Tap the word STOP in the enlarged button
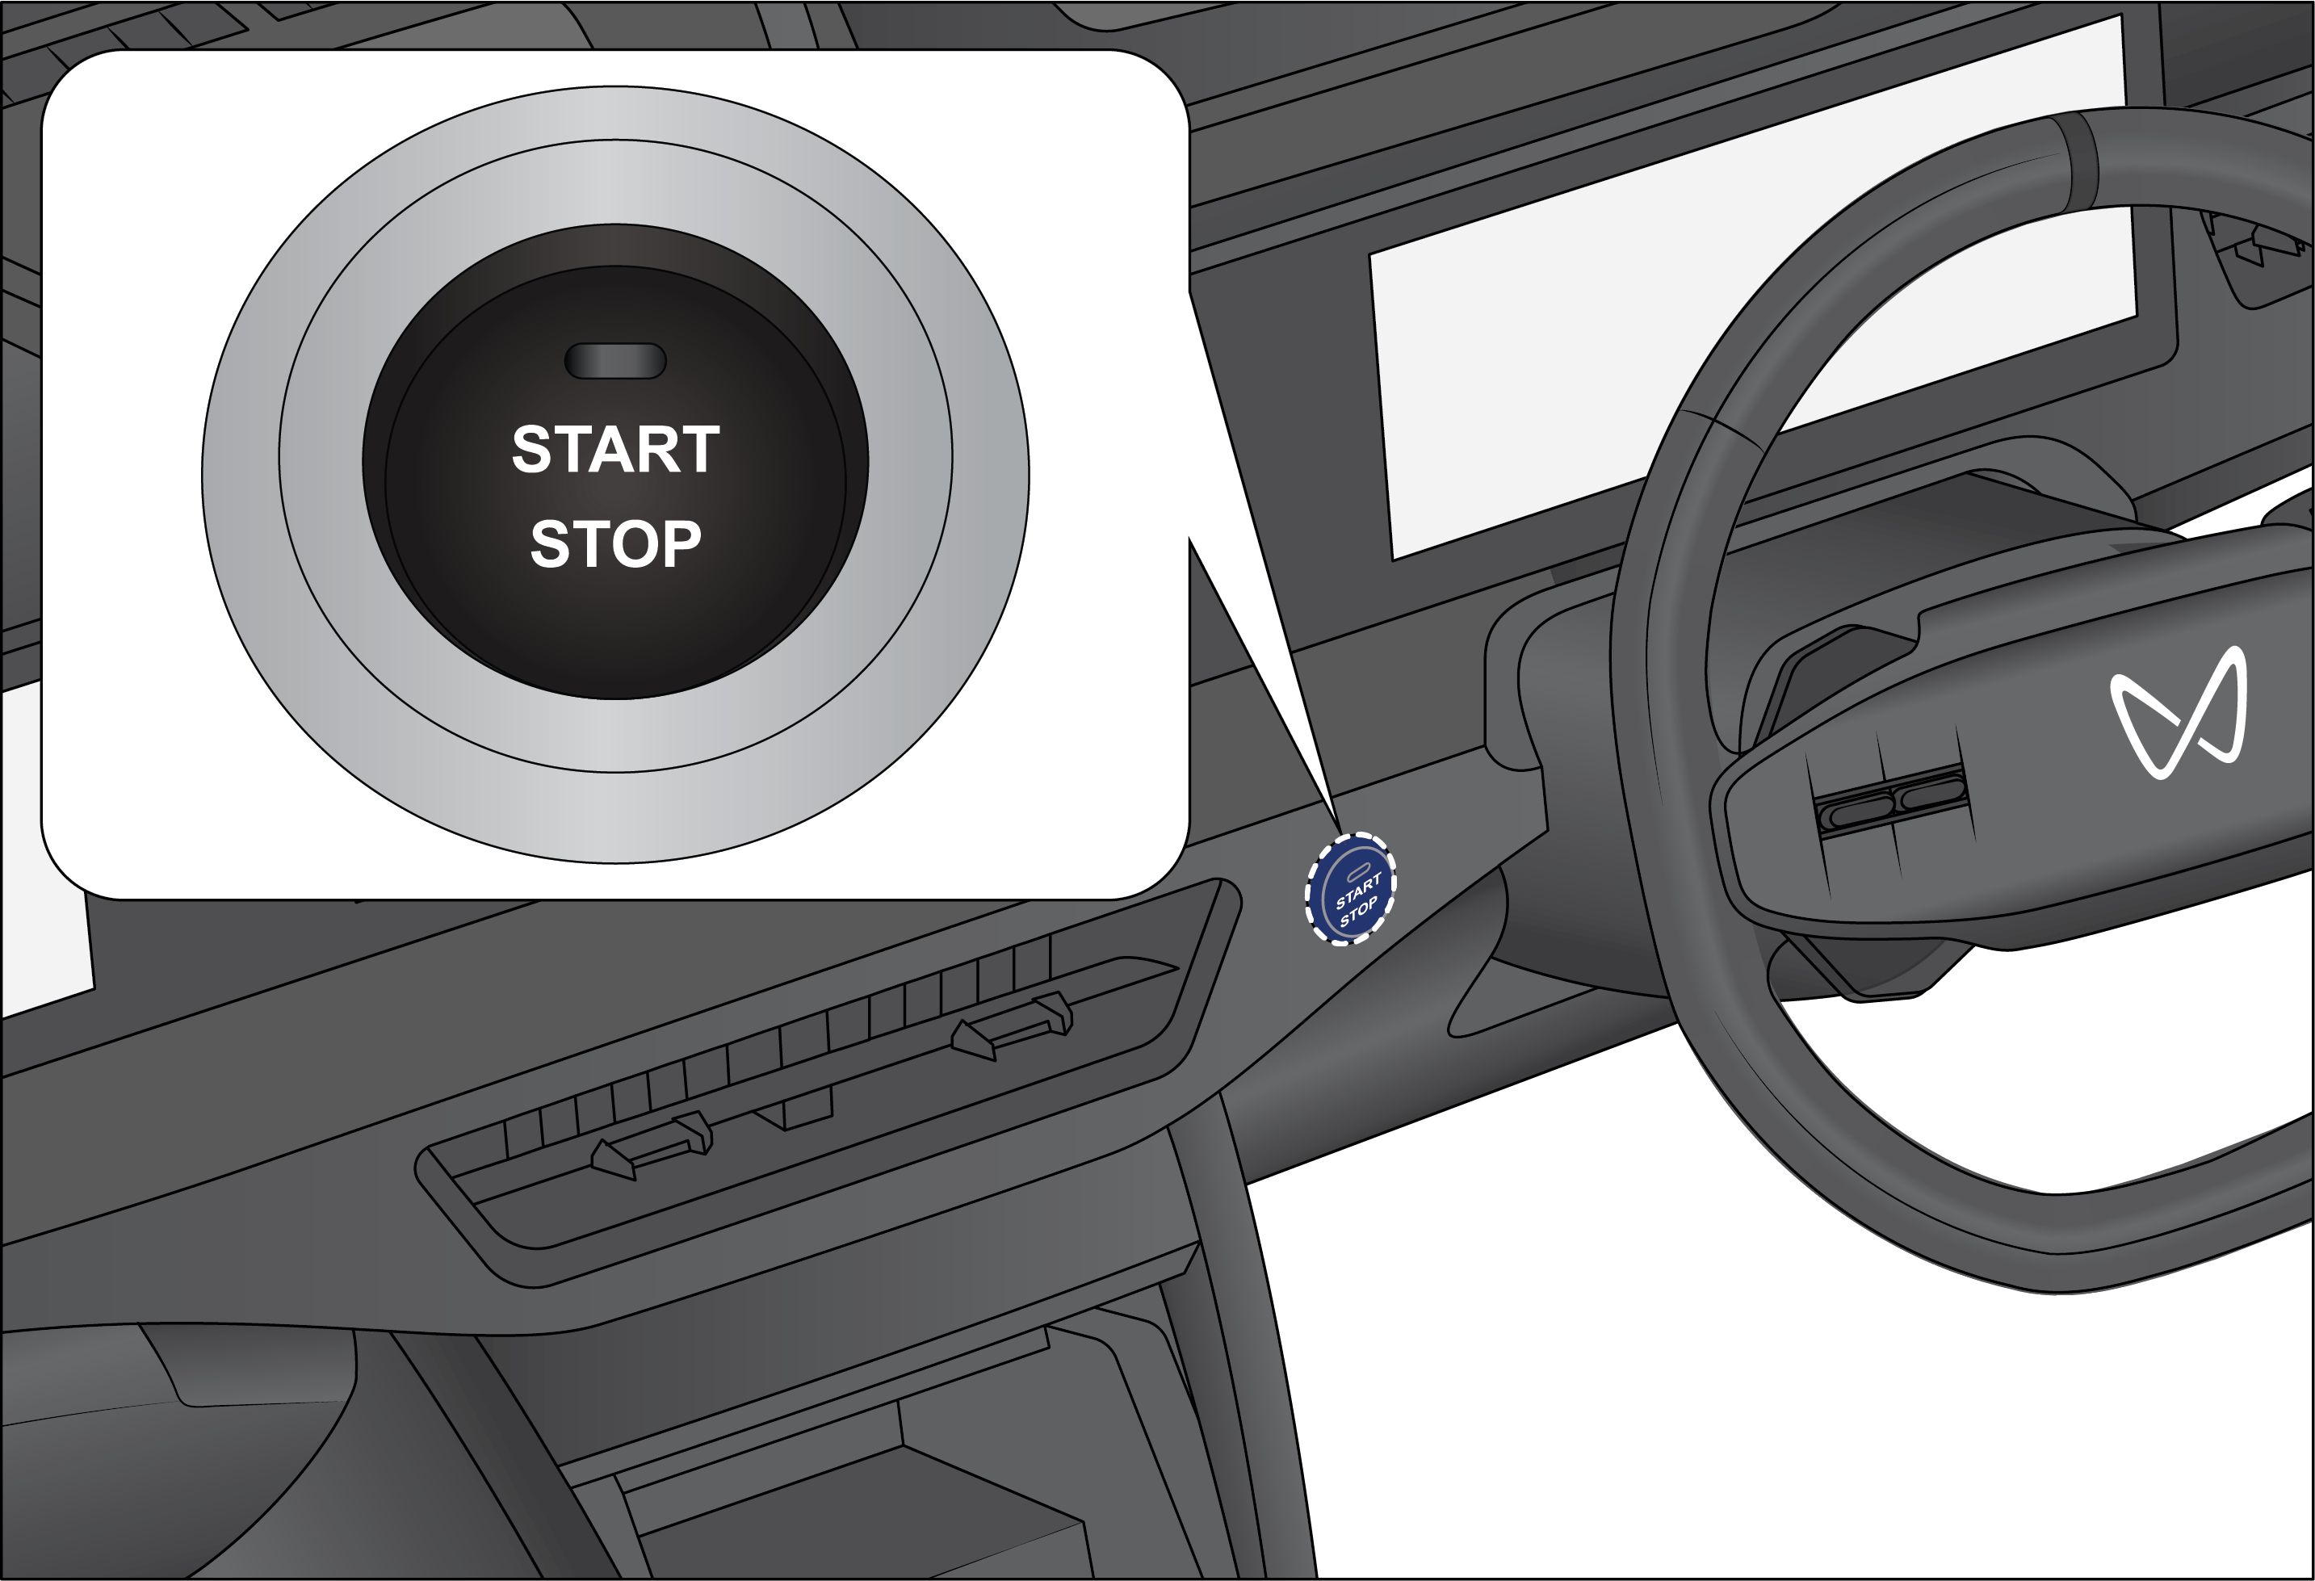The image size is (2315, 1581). [x=615, y=544]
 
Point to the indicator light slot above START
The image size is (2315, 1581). [x=615, y=361]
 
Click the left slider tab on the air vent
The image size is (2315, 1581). [x=652, y=1151]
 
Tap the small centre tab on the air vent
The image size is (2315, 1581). [x=793, y=1111]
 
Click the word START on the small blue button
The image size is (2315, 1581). [x=1357, y=890]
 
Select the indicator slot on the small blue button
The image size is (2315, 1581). [x=1357, y=872]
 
